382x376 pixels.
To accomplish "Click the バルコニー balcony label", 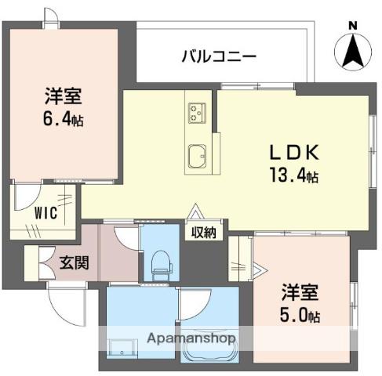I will coord(218,56).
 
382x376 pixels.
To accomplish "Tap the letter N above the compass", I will coord(352,26).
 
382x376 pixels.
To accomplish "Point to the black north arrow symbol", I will coord(352,52).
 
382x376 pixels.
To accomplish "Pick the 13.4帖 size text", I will coord(290,176).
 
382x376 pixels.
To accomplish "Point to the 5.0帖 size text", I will coord(303,316).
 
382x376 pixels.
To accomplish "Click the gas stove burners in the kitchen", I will coord(195,114).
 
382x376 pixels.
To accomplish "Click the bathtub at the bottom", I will coord(207,352).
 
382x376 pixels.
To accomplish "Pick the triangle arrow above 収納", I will coord(195,211).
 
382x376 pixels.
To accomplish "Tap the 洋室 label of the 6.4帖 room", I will coord(64,99).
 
